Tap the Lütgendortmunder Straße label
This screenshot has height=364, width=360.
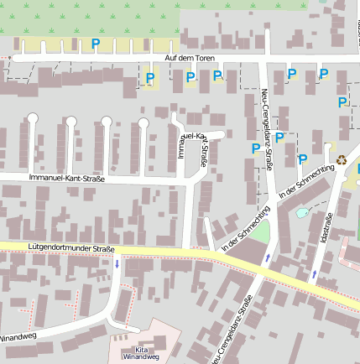pos(70,248)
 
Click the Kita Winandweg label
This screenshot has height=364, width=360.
pos(139,353)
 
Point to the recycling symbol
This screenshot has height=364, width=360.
pos(342,159)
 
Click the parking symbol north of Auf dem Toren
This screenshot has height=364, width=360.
pos(95,44)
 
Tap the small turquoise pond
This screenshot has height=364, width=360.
pos(301,212)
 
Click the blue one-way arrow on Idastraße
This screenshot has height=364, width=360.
pos(315,273)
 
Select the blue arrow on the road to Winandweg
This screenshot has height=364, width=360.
pos(117,264)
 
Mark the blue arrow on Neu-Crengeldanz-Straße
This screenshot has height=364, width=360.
pos(267,257)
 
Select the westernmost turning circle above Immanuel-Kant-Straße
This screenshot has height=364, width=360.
pos(33,119)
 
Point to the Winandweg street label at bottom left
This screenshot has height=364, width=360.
pos(17,338)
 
